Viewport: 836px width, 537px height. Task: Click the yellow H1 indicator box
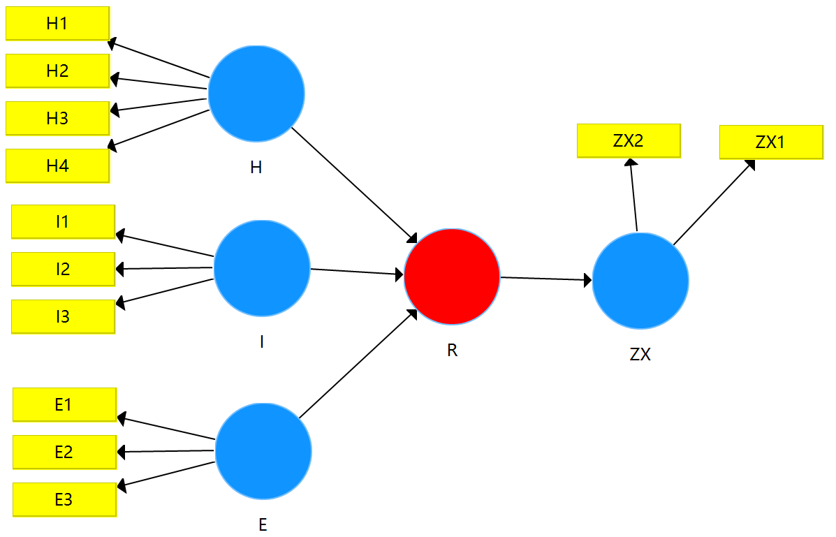click(57, 23)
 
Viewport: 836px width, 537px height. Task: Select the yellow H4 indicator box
click(57, 165)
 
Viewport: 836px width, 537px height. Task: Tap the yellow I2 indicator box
click(63, 269)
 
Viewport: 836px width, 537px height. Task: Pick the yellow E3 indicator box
click(64, 499)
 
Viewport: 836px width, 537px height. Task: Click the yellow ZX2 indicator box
click(628, 140)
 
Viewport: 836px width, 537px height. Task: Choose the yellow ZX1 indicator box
click(770, 142)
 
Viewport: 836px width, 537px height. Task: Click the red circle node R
click(452, 277)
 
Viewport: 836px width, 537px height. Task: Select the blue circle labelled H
click(256, 93)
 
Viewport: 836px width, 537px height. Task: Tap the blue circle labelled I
click(261, 268)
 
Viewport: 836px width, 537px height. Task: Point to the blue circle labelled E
click(263, 451)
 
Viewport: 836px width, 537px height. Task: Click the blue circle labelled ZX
click(640, 281)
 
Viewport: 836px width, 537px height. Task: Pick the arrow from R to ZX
click(545, 279)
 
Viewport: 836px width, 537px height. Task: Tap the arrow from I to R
click(357, 272)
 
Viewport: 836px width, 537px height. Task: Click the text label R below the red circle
click(452, 351)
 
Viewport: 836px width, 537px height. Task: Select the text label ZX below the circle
click(640, 355)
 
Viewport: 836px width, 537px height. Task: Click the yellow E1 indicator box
click(64, 404)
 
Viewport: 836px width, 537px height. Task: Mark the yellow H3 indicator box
click(57, 118)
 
